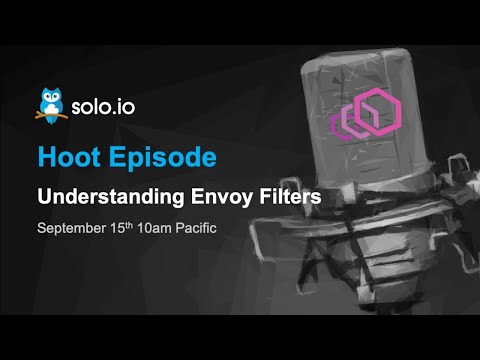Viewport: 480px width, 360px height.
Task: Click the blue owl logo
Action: (x=50, y=104)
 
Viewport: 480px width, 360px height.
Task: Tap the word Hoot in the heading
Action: (x=65, y=156)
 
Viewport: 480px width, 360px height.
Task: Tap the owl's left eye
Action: (x=44, y=98)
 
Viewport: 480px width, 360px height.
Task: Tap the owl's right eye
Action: (x=56, y=98)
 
